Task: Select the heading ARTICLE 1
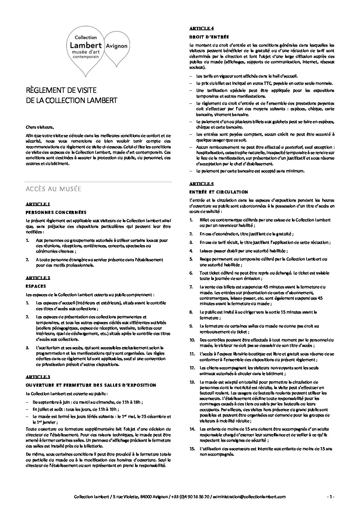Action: [x=38, y=204]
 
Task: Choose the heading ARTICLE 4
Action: [x=201, y=28]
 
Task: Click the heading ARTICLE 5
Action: [x=201, y=184]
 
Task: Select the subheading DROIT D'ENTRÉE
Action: [x=209, y=37]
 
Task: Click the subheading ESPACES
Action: [x=36, y=286]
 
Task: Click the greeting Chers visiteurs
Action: [x=40, y=128]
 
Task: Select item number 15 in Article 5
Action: [x=192, y=449]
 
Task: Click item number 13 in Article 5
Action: [x=192, y=382]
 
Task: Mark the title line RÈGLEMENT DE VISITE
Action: [x=61, y=90]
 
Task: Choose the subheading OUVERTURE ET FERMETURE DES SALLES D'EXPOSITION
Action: [x=91, y=385]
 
